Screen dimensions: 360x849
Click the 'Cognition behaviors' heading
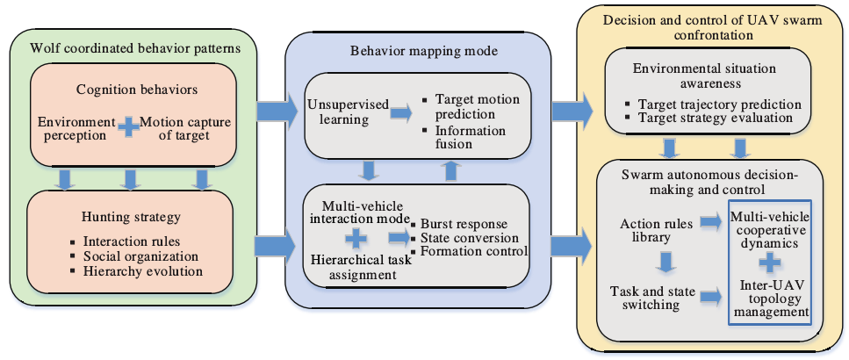tap(129, 90)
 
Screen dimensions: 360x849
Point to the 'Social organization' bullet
tap(140, 256)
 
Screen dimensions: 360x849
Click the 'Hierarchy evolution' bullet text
tap(142, 271)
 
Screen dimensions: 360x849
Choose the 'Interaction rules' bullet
tap(133, 241)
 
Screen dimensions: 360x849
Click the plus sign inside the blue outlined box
tap(769, 262)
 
